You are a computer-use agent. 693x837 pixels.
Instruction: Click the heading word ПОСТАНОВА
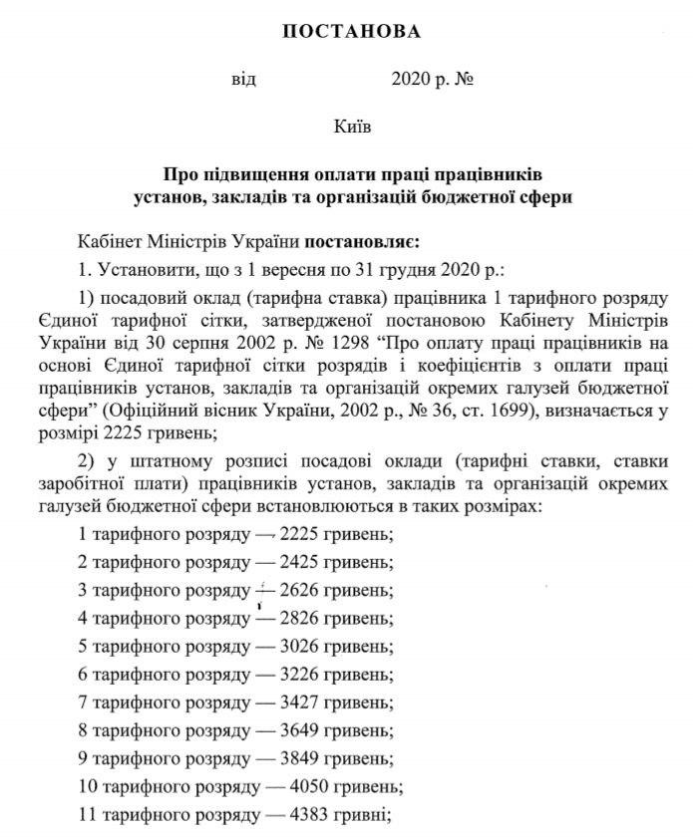click(352, 32)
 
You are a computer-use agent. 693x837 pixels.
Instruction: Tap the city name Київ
click(352, 127)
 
